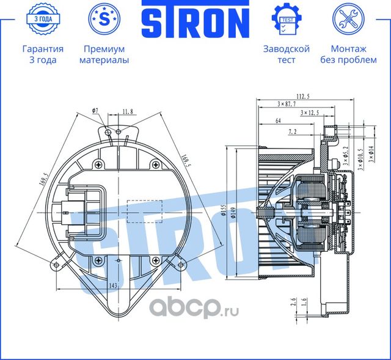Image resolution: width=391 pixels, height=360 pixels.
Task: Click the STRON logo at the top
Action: (x=195, y=21)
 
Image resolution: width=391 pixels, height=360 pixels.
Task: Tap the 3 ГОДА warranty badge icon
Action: (x=42, y=19)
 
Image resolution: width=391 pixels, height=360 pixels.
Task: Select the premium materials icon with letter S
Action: (x=103, y=19)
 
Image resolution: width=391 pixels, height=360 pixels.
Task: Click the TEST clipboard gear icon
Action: (x=286, y=19)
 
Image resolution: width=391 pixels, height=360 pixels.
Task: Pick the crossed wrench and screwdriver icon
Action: (x=348, y=19)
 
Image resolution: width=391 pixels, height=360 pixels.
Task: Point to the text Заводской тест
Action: (x=286, y=54)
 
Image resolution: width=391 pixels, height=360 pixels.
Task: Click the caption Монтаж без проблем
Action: (x=348, y=54)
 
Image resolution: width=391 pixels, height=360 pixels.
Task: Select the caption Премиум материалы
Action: (x=103, y=54)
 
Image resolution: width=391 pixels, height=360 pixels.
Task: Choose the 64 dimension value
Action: (x=279, y=121)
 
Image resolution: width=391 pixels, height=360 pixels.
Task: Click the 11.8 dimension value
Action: (x=128, y=111)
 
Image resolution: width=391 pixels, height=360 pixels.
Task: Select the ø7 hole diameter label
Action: (x=96, y=111)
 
